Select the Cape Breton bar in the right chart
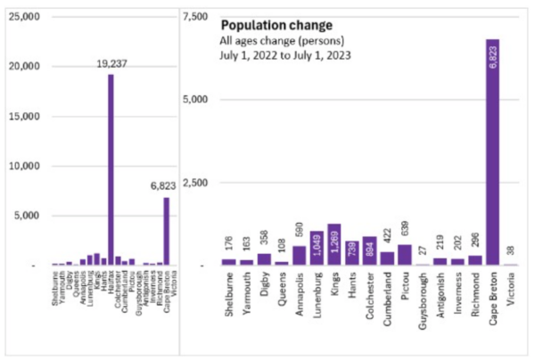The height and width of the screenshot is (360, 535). [492, 151]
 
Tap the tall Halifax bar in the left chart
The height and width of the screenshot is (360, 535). [111, 169]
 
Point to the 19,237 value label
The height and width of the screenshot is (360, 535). [111, 64]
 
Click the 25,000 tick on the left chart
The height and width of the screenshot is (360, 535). [25, 17]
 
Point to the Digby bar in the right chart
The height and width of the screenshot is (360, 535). [264, 259]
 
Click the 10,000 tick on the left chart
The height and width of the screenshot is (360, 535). [25, 166]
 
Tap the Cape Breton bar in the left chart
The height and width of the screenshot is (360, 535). [166, 231]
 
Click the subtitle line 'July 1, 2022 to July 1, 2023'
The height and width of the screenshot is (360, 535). [284, 55]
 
